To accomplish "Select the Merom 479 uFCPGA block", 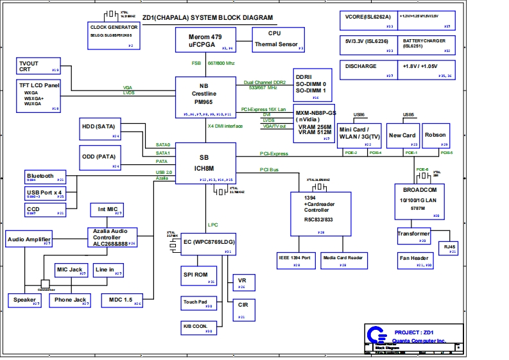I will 205,39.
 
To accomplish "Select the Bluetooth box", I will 44,177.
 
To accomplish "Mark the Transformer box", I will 413,236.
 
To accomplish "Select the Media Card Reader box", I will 343,259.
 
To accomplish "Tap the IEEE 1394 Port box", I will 295,259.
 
